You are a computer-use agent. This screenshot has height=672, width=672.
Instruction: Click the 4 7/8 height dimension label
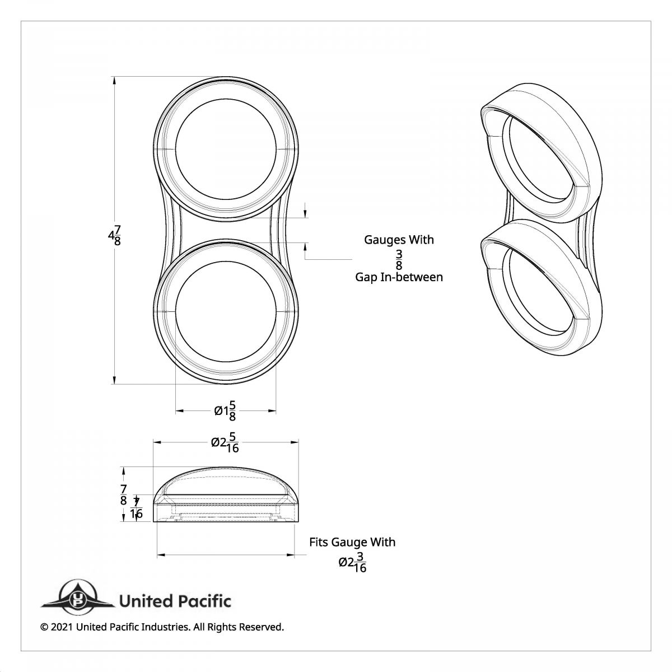[114, 235]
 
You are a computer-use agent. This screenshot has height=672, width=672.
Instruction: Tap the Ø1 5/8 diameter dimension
[225, 412]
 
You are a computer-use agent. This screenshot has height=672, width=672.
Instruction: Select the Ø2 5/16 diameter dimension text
[226, 444]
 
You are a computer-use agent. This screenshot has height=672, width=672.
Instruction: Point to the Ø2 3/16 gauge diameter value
[353, 562]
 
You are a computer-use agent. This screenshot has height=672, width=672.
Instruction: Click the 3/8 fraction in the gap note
[399, 259]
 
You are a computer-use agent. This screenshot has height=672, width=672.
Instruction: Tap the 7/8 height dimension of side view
[123, 494]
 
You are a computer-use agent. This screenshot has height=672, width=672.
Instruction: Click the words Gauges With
[399, 240]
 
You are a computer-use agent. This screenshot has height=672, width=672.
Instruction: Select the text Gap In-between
[399, 277]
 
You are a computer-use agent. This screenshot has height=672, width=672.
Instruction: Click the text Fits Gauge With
[352, 542]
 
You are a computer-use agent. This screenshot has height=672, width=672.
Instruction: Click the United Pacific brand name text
[175, 601]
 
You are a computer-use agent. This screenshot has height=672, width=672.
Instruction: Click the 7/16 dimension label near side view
[136, 508]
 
